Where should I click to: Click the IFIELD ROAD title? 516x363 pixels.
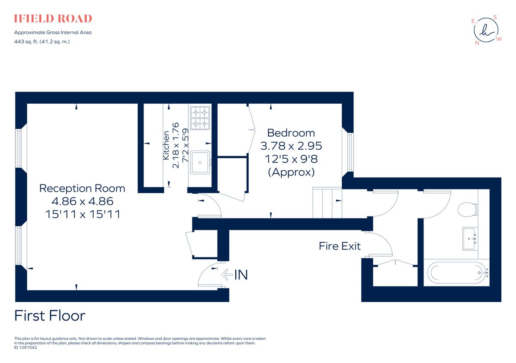(53, 18)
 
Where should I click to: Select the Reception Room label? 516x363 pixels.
(82, 188)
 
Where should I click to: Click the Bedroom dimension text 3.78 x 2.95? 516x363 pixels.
(291, 146)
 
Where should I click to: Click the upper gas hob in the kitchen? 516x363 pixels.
(200, 112)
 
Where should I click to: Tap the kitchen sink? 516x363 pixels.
(200, 162)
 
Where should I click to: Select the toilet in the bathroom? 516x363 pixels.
(468, 210)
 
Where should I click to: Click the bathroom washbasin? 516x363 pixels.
(470, 239)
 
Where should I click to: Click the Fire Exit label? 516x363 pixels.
(340, 246)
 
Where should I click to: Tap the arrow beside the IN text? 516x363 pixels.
(226, 274)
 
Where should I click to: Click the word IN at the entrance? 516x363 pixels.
(241, 274)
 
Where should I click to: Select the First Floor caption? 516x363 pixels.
(50, 316)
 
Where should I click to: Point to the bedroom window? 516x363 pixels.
(350, 152)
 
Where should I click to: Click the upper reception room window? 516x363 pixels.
(18, 148)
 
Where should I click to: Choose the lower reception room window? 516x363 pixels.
(18, 245)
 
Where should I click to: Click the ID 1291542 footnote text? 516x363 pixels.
(26, 348)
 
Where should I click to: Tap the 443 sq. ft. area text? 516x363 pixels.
(42, 42)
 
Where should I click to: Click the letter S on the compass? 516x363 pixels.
(495, 17)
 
